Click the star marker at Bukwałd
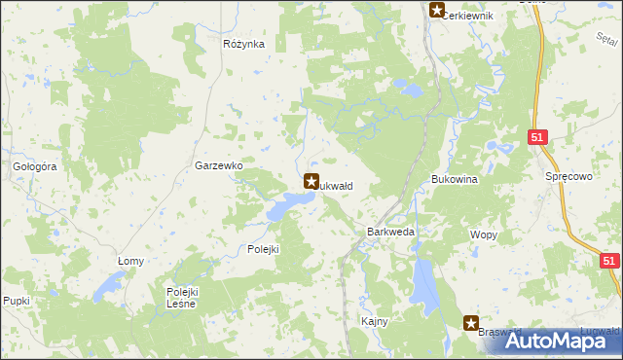click(x=311, y=181)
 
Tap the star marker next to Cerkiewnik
click(x=437, y=12)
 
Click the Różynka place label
click(x=243, y=44)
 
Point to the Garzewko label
click(x=218, y=166)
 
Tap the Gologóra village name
click(x=36, y=166)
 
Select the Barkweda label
click(x=391, y=233)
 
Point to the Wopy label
click(x=484, y=234)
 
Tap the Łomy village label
click(x=130, y=261)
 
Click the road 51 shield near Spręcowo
click(x=537, y=139)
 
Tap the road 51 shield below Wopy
click(x=609, y=261)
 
